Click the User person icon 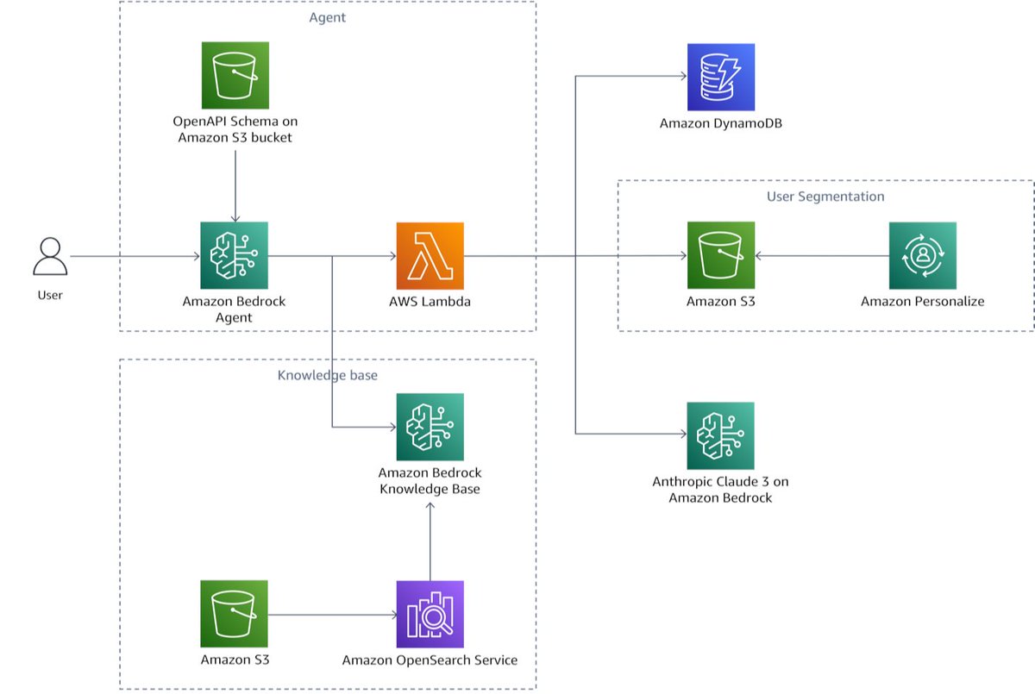point(50,257)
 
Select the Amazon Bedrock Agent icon point(234,255)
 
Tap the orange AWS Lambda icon point(430,255)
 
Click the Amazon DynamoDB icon point(720,77)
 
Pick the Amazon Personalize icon point(922,255)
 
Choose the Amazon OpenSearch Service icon point(430,614)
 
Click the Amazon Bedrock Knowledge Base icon point(430,427)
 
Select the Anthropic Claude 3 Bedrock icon point(720,435)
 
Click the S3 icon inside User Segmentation point(720,255)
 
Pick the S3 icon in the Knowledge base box point(234,614)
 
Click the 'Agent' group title point(327,17)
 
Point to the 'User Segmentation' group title point(825,197)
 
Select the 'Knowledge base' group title point(327,376)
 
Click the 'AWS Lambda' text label point(430,302)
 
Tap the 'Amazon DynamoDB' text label point(720,123)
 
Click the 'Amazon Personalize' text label point(922,302)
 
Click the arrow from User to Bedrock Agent point(134,256)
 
